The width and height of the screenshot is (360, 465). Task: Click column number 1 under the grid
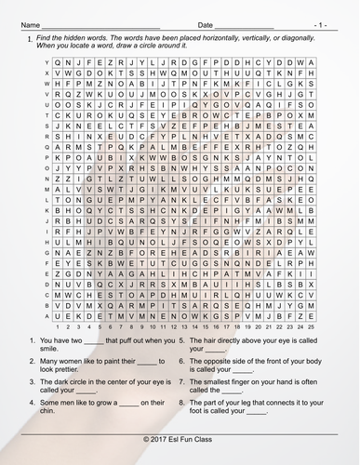point(60,326)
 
